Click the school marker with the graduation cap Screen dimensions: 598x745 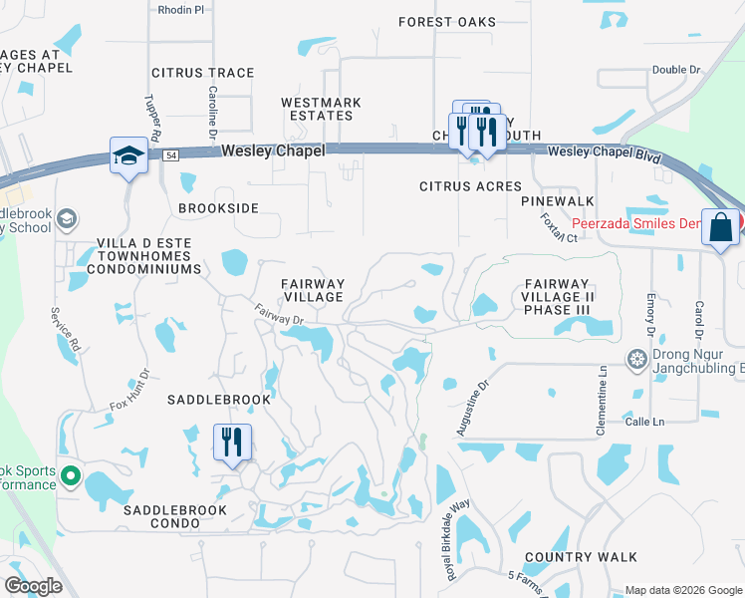tap(129, 155)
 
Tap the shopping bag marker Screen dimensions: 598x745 tap(720, 228)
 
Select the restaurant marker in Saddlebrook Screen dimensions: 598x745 tap(232, 441)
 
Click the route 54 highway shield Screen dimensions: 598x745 tap(172, 154)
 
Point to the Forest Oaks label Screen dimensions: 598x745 tap(447, 22)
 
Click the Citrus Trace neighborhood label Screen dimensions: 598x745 tap(203, 73)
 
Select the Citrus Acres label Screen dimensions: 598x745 tap(470, 186)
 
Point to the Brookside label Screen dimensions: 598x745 tap(218, 208)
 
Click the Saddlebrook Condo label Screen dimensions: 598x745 tap(175, 510)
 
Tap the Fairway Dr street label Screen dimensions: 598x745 tap(277, 315)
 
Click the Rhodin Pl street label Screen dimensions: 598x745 tap(180, 9)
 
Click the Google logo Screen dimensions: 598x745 tap(33, 586)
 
